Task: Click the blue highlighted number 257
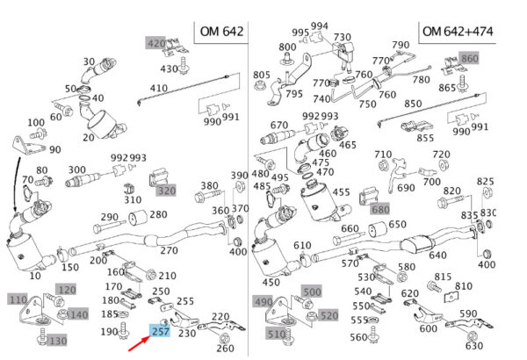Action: click(x=161, y=331)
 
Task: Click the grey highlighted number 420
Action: click(x=155, y=44)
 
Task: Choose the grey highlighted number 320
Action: click(x=166, y=190)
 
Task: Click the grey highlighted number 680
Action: click(x=379, y=209)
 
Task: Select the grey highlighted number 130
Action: click(x=57, y=340)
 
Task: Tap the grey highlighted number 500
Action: click(x=312, y=292)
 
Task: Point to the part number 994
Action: click(x=320, y=26)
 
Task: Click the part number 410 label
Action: click(x=158, y=88)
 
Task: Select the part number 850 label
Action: click(x=413, y=104)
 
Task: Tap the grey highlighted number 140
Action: click(x=77, y=313)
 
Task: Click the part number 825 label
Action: click(x=485, y=182)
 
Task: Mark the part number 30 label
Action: click(x=89, y=61)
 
